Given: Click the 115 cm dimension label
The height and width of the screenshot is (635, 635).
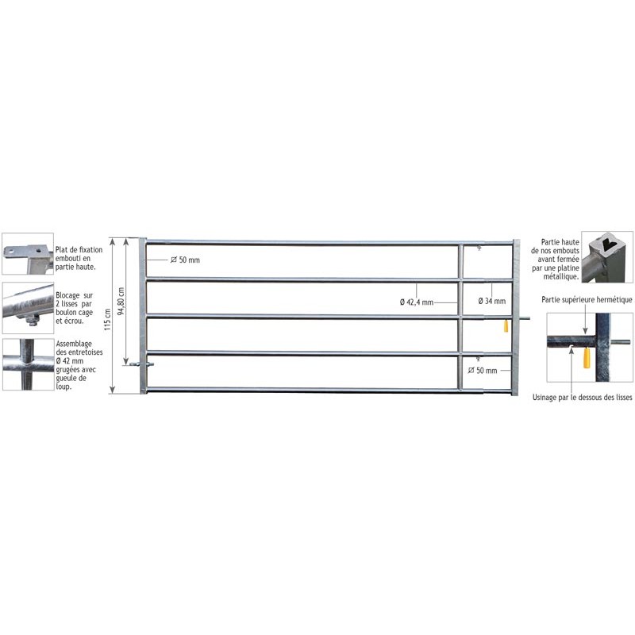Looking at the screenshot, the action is point(107,320).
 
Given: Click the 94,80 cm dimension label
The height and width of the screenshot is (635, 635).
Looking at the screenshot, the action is point(121,302).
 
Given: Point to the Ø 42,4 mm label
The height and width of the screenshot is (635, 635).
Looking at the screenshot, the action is point(417,302).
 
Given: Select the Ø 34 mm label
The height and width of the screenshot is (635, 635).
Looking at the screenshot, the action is point(491,301).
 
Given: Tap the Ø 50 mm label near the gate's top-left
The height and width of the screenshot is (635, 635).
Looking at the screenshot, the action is point(185,260).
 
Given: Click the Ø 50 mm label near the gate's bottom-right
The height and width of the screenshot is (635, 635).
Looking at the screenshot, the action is point(483,370).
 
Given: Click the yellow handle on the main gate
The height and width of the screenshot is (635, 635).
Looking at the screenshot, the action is point(506,325).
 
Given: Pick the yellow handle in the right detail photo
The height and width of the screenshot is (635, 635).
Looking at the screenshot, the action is point(587,358).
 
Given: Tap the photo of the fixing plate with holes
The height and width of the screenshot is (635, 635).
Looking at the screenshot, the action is point(28,254).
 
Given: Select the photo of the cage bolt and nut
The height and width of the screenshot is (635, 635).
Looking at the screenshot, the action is point(28,308).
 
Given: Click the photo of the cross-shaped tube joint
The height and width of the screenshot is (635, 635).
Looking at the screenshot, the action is point(29,364).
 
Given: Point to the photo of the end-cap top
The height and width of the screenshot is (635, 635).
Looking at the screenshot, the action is point(607,257).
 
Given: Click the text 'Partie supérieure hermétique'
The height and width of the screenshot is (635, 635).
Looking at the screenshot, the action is point(587,300).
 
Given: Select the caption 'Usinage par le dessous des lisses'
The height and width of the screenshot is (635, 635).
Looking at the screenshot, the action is point(582,398).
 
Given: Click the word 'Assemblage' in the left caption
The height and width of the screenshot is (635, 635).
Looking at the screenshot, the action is point(74,344).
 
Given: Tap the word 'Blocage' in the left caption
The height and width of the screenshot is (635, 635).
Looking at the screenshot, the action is point(67,295).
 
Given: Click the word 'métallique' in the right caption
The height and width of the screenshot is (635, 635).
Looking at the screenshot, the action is point(561,276).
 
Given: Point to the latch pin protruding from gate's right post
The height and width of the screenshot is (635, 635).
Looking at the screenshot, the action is point(525,318).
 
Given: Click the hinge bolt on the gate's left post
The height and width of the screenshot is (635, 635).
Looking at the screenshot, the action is point(142,364).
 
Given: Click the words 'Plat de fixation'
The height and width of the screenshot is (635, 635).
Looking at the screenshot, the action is point(79,250).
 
